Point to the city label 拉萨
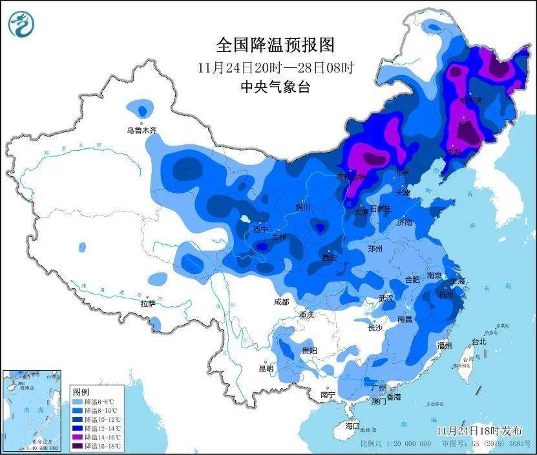(148, 303)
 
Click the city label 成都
(281, 302)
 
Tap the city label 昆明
(266, 368)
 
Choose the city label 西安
(330, 258)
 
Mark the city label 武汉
(386, 298)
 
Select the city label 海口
(352, 426)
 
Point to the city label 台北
(478, 341)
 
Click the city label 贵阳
(309, 350)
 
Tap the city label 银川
(303, 207)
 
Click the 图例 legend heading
(81, 392)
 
